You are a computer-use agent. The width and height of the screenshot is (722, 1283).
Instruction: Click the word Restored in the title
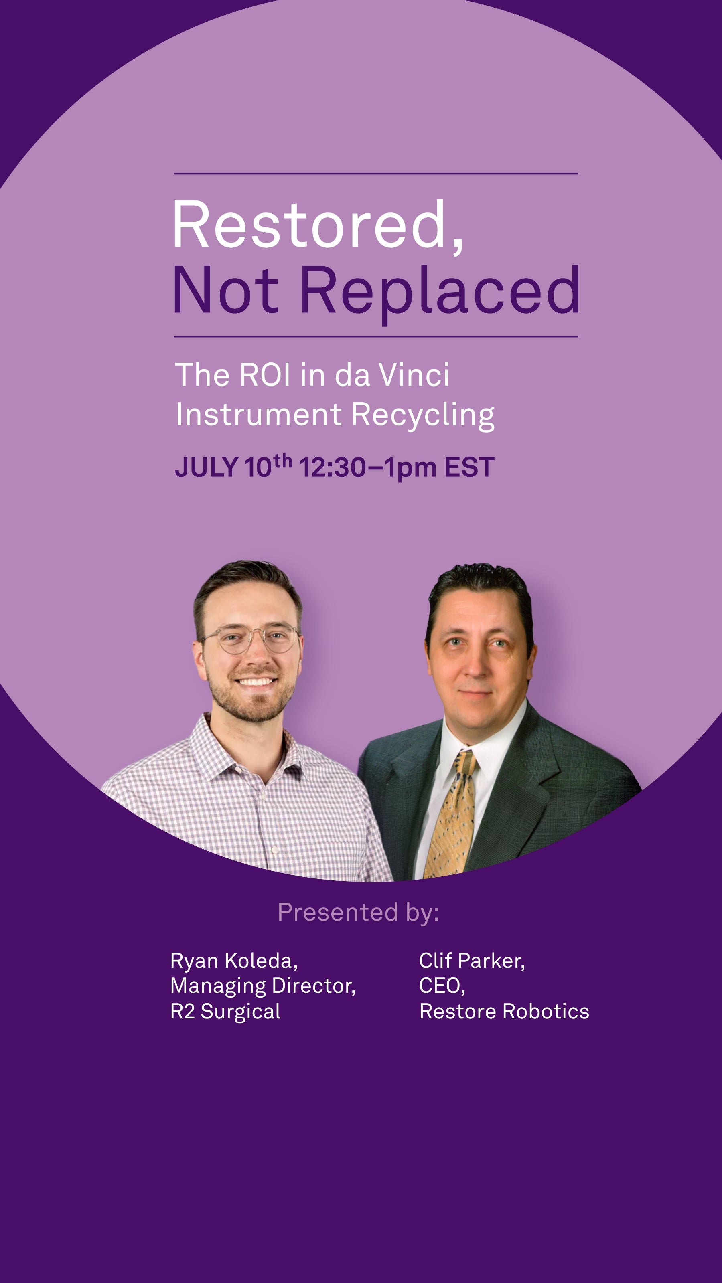click(317, 225)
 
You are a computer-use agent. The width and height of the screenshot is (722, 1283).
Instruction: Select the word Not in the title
click(225, 290)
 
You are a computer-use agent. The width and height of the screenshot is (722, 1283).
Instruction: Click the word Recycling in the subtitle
click(423, 415)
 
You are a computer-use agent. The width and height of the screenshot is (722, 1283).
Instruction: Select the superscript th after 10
click(282, 461)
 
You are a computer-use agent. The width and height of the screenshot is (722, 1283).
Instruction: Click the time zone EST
click(469, 467)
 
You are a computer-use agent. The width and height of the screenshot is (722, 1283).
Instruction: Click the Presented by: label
click(358, 912)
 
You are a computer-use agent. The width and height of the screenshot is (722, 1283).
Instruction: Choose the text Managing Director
click(263, 986)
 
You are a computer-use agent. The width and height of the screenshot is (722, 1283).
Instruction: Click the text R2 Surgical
click(225, 1012)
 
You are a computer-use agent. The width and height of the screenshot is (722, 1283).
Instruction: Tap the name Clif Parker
click(472, 961)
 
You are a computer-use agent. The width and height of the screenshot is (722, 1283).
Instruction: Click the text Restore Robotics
click(504, 1012)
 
